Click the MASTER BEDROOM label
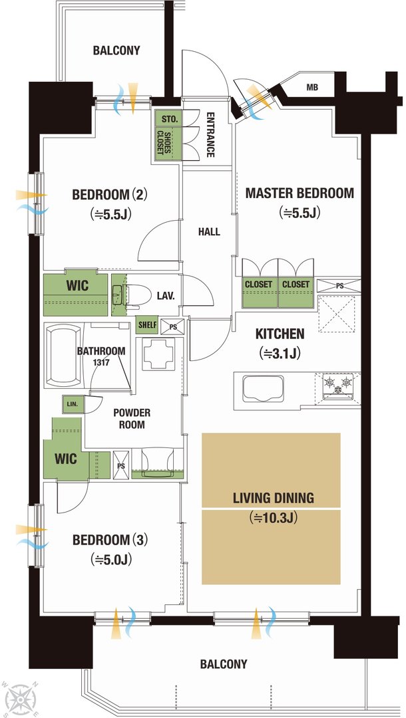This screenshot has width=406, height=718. click(300, 193)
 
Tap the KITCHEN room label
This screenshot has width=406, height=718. click(280, 334)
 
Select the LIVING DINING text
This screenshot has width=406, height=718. click(274, 498)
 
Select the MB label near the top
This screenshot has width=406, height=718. click(313, 88)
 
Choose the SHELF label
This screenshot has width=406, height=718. click(148, 325)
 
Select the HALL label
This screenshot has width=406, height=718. click(209, 232)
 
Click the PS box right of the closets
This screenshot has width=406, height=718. click(339, 285)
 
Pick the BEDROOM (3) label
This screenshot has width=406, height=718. click(110, 540)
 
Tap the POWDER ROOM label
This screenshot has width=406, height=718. click(132, 419)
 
